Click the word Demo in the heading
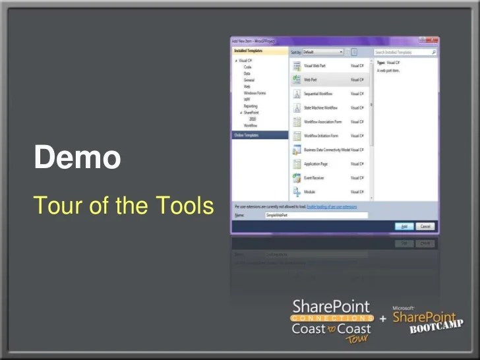78,158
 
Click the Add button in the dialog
404,226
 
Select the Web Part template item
310,79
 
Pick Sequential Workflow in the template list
318,94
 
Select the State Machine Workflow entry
320,107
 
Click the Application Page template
316,164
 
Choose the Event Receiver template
315,177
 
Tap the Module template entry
309,192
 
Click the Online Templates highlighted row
259,135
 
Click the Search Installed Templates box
404,51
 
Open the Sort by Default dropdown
323,51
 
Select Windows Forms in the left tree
255,93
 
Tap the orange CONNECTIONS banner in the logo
331,317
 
